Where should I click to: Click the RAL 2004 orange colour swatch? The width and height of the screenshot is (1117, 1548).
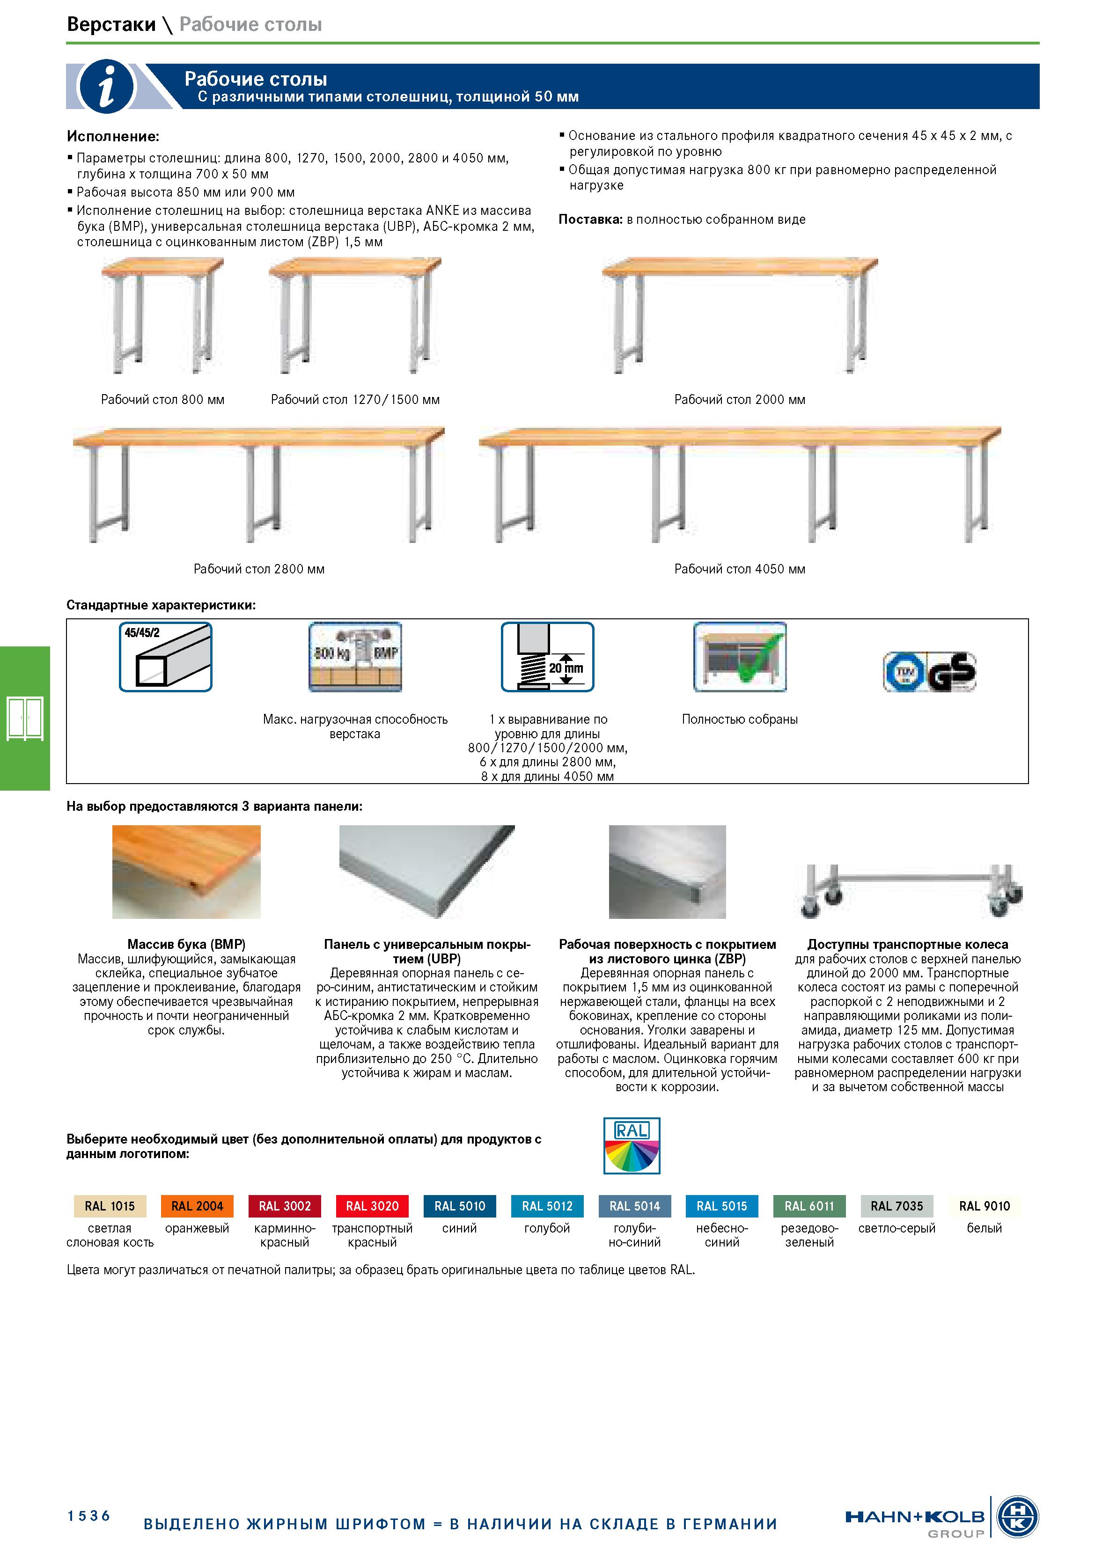[197, 1206]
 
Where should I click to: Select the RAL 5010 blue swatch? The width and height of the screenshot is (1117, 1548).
[460, 1206]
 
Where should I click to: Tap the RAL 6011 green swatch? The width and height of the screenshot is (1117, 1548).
[809, 1206]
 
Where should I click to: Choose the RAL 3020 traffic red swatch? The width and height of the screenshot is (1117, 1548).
[372, 1206]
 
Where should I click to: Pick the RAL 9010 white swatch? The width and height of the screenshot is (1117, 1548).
[984, 1206]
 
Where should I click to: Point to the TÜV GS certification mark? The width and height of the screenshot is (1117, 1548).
[929, 672]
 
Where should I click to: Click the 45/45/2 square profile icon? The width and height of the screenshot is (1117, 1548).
[165, 657]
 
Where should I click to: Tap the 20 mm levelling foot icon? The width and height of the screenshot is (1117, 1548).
[548, 657]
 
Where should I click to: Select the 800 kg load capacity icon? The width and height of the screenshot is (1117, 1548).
[355, 657]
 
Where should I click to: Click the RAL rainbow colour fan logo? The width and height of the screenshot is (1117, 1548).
[632, 1145]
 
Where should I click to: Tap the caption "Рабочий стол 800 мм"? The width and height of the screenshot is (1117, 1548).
[162, 399]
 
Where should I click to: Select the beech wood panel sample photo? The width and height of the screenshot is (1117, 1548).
[186, 872]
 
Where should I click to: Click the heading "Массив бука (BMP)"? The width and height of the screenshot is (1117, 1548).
[186, 944]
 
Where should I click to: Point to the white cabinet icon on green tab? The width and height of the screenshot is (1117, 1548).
[25, 718]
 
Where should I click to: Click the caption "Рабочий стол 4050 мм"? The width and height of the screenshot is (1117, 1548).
[739, 569]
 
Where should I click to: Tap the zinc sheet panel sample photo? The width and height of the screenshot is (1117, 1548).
[667, 872]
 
